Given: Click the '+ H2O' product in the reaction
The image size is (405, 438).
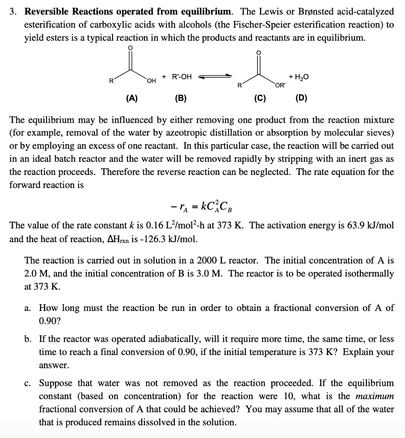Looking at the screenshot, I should (x=299, y=77).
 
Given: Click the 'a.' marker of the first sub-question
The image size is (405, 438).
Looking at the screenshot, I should (x=28, y=308).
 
